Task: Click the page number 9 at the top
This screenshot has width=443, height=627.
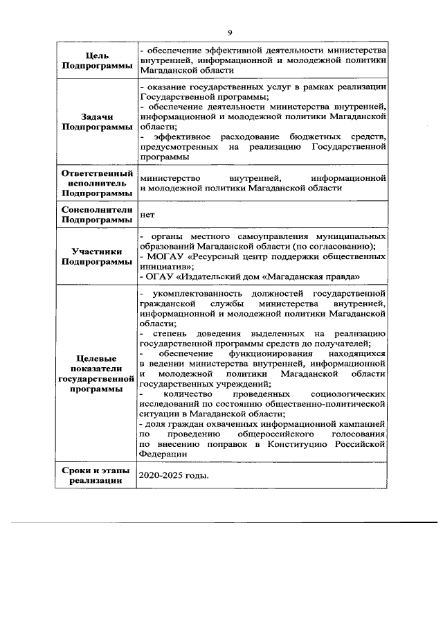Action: (x=229, y=33)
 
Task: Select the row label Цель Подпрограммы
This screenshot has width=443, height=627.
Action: (x=96, y=60)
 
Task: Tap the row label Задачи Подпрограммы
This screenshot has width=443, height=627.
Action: (x=96, y=122)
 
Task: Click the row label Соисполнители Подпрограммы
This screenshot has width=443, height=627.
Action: (x=96, y=215)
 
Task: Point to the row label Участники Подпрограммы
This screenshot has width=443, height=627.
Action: (x=96, y=257)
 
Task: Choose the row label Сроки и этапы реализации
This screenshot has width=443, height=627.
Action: (x=96, y=477)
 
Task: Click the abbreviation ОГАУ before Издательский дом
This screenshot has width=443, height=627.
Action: (x=160, y=276)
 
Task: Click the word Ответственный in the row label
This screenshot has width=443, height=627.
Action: (x=96, y=173)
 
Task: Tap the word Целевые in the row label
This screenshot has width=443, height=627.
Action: (x=96, y=355)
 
